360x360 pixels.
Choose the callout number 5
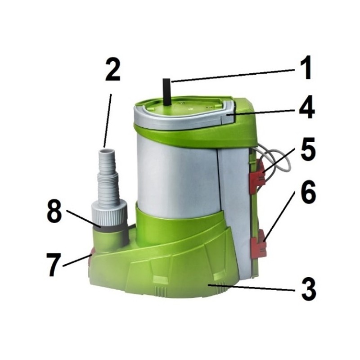[x=308, y=149]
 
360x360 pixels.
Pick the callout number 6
[x=308, y=193]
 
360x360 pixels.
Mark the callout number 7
[x=54, y=264]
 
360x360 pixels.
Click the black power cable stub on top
[x=167, y=92]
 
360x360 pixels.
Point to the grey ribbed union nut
[x=109, y=213]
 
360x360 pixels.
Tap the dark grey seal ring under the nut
[x=110, y=228]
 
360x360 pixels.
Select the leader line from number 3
[x=251, y=288]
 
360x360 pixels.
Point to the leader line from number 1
[x=233, y=75]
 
